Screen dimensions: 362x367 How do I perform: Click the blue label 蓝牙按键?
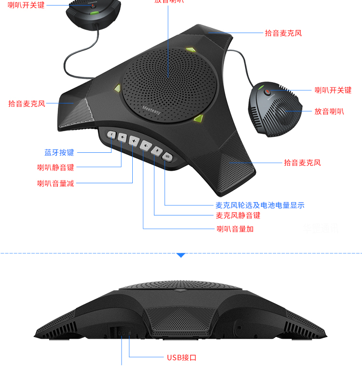point(59,153)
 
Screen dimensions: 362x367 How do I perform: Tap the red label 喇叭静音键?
point(56,168)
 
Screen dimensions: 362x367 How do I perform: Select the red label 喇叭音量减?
point(56,183)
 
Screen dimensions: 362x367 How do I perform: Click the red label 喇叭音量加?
point(235,229)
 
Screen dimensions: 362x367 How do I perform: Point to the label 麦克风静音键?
point(238,216)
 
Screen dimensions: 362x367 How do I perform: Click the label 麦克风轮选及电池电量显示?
point(260,205)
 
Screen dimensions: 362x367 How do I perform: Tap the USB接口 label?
point(181,358)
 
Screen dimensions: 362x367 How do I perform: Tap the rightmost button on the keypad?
point(167,156)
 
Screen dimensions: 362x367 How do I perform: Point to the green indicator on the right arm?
point(198,118)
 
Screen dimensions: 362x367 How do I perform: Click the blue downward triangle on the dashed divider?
point(181,254)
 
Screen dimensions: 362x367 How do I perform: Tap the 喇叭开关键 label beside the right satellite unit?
point(333,90)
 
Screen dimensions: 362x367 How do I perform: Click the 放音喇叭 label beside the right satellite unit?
point(329,111)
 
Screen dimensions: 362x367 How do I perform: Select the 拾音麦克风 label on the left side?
point(27,103)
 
